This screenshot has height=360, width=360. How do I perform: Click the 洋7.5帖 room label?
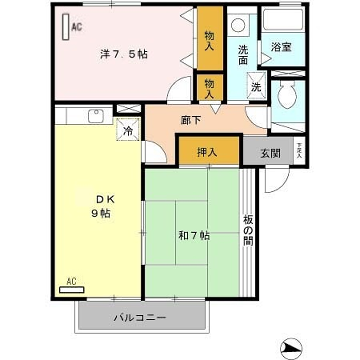click(x=124, y=54)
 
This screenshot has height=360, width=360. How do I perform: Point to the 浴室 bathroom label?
click(x=281, y=46)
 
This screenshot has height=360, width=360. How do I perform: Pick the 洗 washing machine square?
click(x=255, y=87)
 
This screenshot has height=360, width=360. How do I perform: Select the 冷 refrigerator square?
click(x=128, y=129)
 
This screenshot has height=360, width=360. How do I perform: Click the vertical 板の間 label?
click(x=248, y=233)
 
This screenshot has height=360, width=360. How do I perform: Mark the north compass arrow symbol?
click(x=292, y=346)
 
